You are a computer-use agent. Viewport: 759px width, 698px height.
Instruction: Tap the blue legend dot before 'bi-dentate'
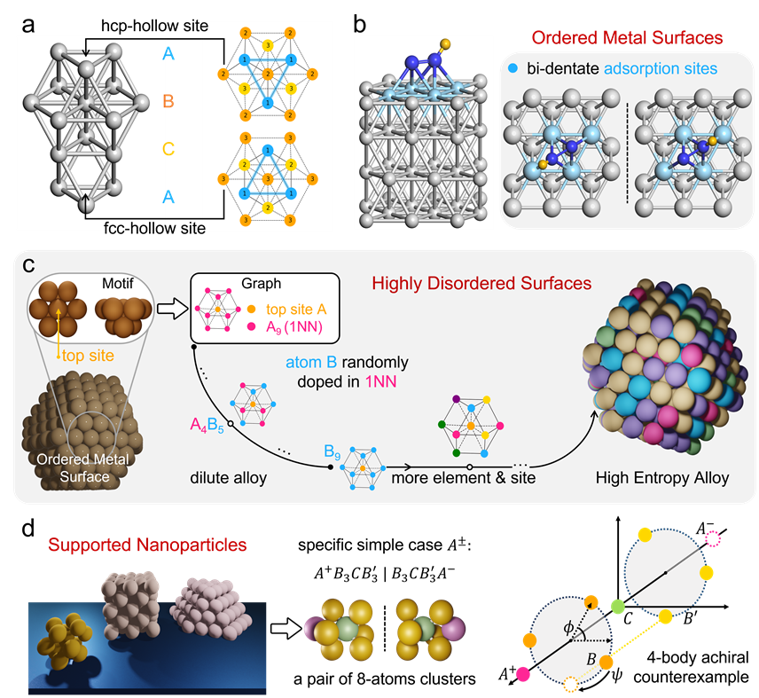coord(516,68)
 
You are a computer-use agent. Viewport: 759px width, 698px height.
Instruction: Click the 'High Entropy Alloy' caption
coord(662,477)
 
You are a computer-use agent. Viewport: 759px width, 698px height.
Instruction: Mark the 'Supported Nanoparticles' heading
coord(147,545)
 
